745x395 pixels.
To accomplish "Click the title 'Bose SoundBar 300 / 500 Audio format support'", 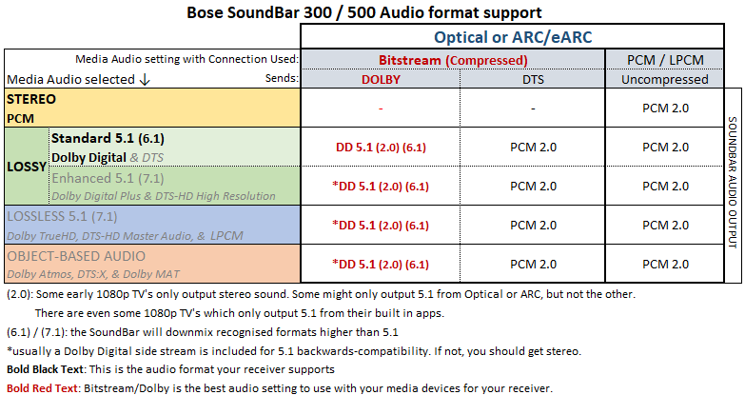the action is pyautogui.click(x=364, y=11).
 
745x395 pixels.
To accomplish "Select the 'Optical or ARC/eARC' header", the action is pyautogui.click(x=513, y=37).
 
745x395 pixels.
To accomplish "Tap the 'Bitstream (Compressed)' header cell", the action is pyautogui.click(x=453, y=60).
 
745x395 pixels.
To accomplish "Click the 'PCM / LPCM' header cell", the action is pyautogui.click(x=665, y=60).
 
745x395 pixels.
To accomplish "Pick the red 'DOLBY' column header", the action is pyautogui.click(x=381, y=79).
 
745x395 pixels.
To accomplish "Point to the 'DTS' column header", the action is pyautogui.click(x=533, y=79).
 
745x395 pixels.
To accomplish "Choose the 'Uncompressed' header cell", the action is pyautogui.click(x=665, y=79).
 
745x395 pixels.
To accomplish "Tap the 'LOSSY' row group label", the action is pyautogui.click(x=27, y=167).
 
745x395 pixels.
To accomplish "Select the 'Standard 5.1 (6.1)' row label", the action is pyautogui.click(x=108, y=138).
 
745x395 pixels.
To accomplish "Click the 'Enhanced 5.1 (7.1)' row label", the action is pyautogui.click(x=108, y=178).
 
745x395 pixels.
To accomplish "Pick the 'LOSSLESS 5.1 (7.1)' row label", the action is pyautogui.click(x=62, y=217).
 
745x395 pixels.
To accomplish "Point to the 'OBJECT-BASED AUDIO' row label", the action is pyautogui.click(x=76, y=256).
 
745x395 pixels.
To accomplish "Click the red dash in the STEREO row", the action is pyautogui.click(x=381, y=109).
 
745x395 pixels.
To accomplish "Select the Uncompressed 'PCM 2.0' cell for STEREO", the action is pyautogui.click(x=665, y=109).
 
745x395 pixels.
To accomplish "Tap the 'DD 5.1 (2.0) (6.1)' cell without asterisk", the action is pyautogui.click(x=381, y=148).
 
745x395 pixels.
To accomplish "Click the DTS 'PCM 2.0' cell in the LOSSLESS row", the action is pyautogui.click(x=533, y=226).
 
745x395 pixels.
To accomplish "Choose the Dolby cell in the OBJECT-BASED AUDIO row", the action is pyautogui.click(x=381, y=265).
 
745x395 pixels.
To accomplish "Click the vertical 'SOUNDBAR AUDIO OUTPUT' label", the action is pyautogui.click(x=733, y=183).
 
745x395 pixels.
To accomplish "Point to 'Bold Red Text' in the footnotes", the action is pyautogui.click(x=42, y=388).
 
